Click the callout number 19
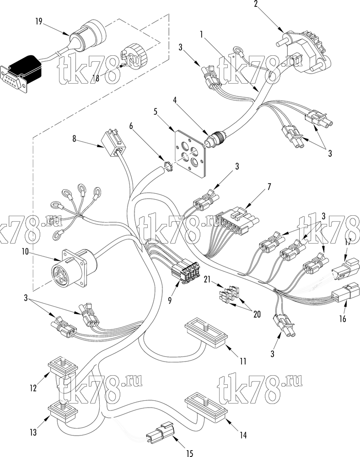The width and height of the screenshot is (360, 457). pyautogui.click(x=39, y=21)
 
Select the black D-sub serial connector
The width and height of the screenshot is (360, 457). pyautogui.click(x=21, y=74)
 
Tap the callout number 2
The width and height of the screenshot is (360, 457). pyautogui.click(x=256, y=5)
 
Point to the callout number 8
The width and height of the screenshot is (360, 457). pyautogui.click(x=75, y=138)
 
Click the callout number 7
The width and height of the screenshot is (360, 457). pyautogui.click(x=269, y=186)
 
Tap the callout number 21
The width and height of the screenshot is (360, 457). pyautogui.click(x=207, y=280)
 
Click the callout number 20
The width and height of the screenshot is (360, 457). pyautogui.click(x=257, y=314)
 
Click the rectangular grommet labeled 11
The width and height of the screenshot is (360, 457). pyautogui.click(x=206, y=334)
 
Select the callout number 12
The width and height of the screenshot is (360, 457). pyautogui.click(x=33, y=388)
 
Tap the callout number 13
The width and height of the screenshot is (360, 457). pyautogui.click(x=33, y=432)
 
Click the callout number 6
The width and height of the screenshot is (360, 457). pyautogui.click(x=131, y=126)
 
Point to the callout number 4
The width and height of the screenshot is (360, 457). pyautogui.click(x=175, y=101)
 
